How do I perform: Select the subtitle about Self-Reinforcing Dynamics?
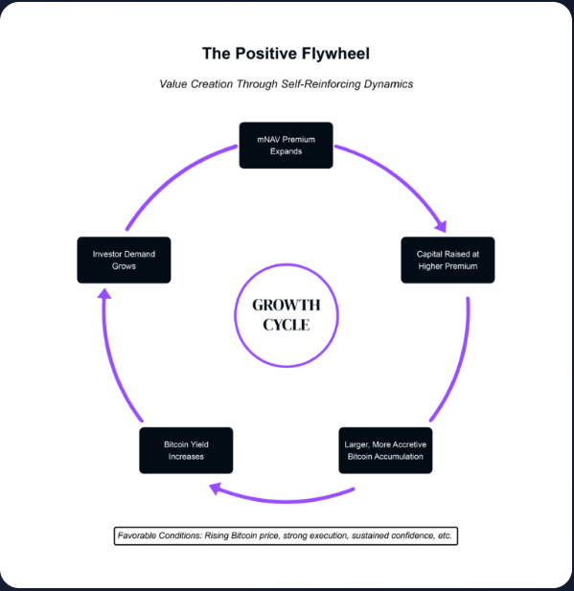click(286, 84)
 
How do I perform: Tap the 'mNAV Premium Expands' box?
click(286, 145)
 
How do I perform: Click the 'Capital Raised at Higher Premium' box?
click(448, 260)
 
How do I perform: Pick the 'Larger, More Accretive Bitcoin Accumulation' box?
click(387, 450)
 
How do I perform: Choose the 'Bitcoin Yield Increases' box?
click(185, 450)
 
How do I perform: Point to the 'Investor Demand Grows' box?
click(124, 260)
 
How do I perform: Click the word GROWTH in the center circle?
click(286, 306)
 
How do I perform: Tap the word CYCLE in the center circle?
click(286, 325)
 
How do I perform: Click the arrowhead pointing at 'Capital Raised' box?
click(440, 227)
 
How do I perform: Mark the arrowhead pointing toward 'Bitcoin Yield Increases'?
click(217, 489)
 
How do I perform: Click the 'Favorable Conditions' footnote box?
click(286, 534)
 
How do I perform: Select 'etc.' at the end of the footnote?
click(444, 534)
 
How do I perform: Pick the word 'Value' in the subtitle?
click(174, 84)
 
